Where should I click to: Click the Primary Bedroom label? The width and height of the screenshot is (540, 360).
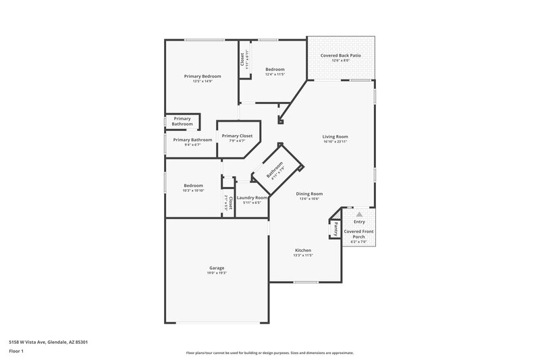click(202, 76)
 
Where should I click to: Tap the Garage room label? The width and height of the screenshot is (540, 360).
click(216, 267)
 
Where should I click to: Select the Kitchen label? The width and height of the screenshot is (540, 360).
click(302, 250)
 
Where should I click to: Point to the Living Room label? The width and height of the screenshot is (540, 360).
click(335, 136)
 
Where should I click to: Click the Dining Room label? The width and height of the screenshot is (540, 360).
click(310, 193)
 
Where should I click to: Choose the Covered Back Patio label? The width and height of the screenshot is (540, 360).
click(340, 55)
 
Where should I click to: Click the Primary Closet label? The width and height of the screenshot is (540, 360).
click(237, 136)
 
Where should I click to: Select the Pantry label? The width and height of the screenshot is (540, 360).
click(335, 229)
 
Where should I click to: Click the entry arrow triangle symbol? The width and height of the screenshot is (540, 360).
click(359, 214)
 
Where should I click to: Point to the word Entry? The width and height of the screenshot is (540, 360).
click(359, 222)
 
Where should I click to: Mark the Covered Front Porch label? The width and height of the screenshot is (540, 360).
click(359, 234)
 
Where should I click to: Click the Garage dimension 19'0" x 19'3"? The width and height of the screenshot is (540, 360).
click(216, 273)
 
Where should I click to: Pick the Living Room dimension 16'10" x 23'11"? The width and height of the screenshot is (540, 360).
click(335, 142)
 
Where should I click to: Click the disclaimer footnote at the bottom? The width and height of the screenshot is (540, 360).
click(269, 353)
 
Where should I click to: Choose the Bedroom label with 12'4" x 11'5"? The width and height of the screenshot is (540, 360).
click(275, 69)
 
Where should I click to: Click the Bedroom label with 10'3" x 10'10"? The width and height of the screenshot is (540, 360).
click(193, 185)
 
